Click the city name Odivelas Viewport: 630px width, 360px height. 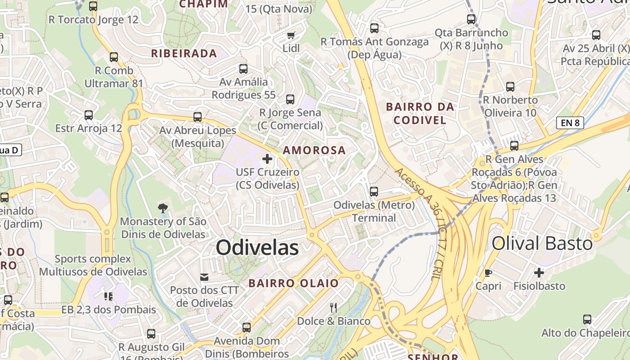tap(257, 247)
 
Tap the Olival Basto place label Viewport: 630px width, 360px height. tap(542, 243)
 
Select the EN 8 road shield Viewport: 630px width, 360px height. tap(570, 122)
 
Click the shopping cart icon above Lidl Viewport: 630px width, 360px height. tap(291, 35)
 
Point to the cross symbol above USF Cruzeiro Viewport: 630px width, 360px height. tap(267, 159)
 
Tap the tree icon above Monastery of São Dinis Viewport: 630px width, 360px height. tap(163, 208)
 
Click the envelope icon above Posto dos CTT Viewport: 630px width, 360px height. tap(204, 277)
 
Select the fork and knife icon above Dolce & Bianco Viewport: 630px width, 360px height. tap(333, 308)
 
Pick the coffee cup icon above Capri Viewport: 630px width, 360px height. tap(488, 273)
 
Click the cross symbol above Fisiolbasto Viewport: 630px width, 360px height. tap(539, 273)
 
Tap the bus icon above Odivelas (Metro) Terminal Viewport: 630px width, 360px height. tap(374, 192)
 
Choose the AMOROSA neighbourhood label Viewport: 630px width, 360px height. tap(315, 150)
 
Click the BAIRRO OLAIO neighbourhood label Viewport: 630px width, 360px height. tap(293, 283)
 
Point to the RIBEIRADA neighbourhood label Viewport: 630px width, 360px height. tap(184, 54)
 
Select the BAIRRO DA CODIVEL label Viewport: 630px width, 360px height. tap(420, 113)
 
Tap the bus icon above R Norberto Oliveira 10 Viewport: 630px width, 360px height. tap(510, 87)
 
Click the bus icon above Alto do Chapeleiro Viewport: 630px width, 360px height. tap(587, 319)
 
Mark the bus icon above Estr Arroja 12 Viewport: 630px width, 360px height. tap(89, 115)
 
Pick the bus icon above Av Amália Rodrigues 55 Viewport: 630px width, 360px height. tap(243, 69)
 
